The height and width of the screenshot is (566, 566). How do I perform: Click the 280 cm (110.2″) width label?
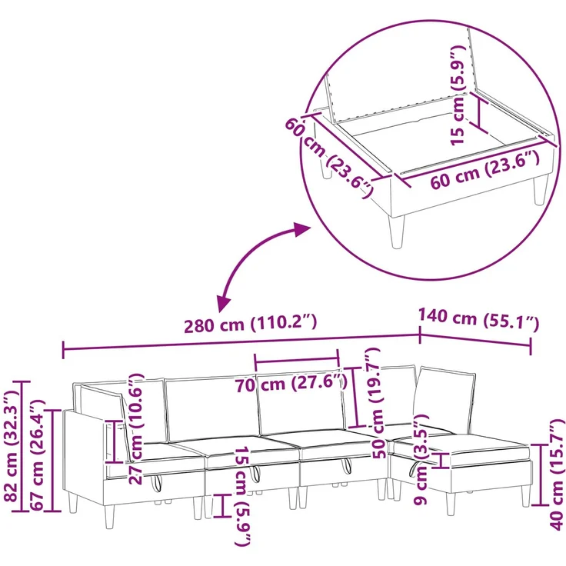tap(251, 323)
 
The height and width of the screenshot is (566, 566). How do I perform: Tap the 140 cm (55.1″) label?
tap(478, 319)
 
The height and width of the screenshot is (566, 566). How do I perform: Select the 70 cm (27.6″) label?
tap(291, 383)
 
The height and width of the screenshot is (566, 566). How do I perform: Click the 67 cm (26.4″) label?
tap(37, 454)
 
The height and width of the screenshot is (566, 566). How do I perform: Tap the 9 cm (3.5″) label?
tap(421, 459)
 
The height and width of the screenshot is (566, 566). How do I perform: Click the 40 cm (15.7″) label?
tap(556, 474)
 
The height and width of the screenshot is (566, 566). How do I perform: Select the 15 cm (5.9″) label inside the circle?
tap(458, 95)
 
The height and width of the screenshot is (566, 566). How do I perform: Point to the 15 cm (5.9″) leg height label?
tap(242, 497)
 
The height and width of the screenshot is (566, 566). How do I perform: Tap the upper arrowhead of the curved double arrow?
tap(301, 229)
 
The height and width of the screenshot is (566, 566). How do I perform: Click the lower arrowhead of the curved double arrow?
tap(223, 302)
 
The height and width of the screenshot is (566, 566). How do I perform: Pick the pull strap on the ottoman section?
tap(412, 468)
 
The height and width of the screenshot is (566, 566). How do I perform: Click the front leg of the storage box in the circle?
tap(396, 232)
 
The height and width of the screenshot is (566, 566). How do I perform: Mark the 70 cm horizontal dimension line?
tap(297, 359)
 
